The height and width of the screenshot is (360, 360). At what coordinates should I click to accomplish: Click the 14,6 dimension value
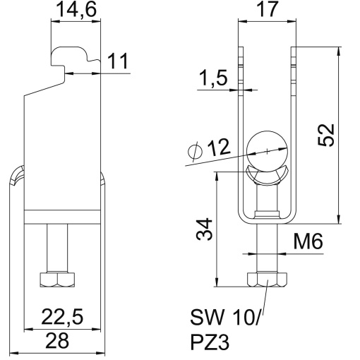(x=76, y=11)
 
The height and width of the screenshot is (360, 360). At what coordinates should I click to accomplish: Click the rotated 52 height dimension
(x=326, y=132)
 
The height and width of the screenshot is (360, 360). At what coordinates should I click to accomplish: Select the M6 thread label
(x=308, y=242)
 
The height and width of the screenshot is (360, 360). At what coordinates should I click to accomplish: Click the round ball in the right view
(x=267, y=150)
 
